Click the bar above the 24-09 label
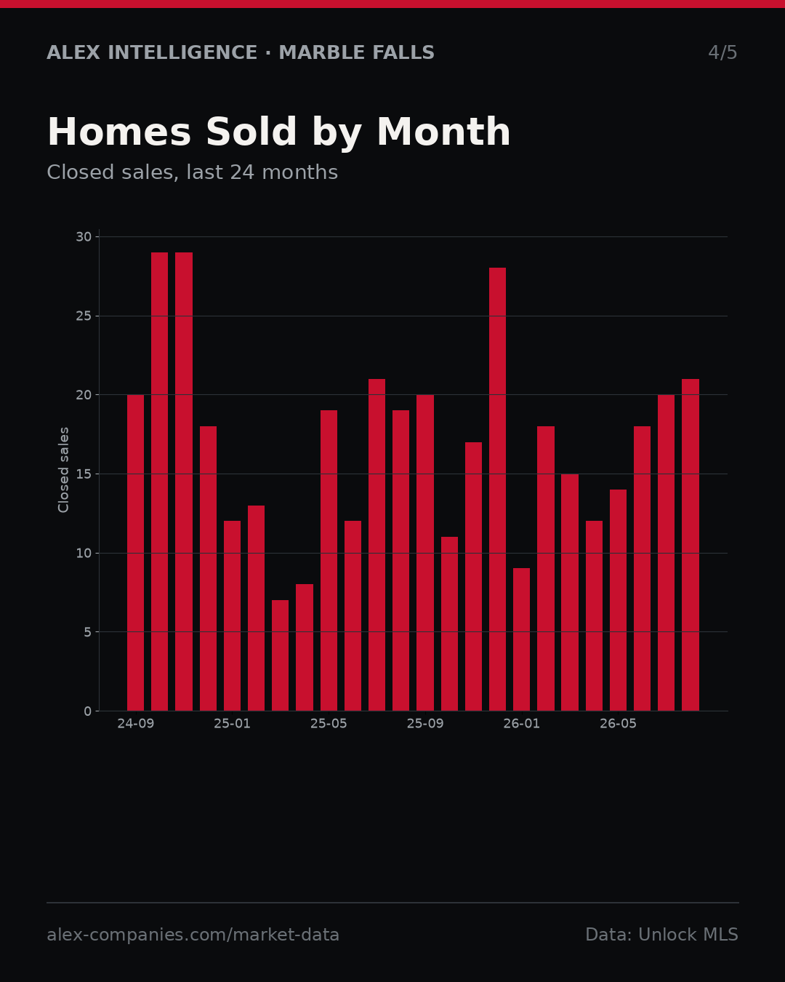[135, 553]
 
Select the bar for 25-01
[232, 616]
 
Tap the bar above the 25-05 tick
[329, 560]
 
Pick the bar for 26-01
[521, 639]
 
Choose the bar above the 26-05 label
[618, 600]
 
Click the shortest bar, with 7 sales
[280, 655]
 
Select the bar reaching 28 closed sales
[498, 489]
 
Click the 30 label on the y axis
[84, 237]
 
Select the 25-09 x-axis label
[425, 724]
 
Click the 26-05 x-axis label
[618, 724]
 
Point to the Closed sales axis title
[63, 470]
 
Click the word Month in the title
[443, 132]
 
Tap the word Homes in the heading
[119, 132]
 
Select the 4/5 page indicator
[722, 52]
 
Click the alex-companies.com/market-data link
[193, 935]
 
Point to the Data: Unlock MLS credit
[662, 935]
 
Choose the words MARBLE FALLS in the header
[357, 52]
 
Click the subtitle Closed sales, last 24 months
[193, 173]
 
